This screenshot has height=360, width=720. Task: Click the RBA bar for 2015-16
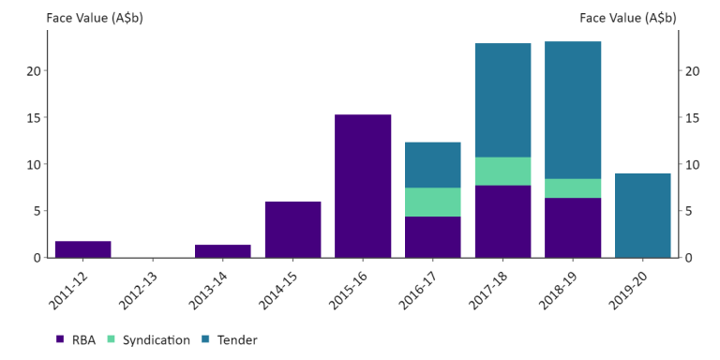[x=363, y=186]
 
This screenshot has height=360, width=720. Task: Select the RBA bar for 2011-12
[x=82, y=249]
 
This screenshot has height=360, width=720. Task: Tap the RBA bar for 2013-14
[x=223, y=251]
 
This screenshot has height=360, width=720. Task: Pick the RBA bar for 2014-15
[x=292, y=230]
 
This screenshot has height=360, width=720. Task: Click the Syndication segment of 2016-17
[x=432, y=202]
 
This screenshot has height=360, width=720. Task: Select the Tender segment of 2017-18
[x=502, y=100]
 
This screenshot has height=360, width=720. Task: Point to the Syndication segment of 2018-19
[x=573, y=188]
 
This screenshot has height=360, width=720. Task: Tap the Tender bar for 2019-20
[x=642, y=216]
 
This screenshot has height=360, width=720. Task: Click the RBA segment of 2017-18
[x=502, y=221]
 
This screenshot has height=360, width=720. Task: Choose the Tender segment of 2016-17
[x=432, y=165]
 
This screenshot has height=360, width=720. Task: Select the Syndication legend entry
[x=148, y=340]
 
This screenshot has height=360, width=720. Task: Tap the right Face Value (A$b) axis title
[x=628, y=18]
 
